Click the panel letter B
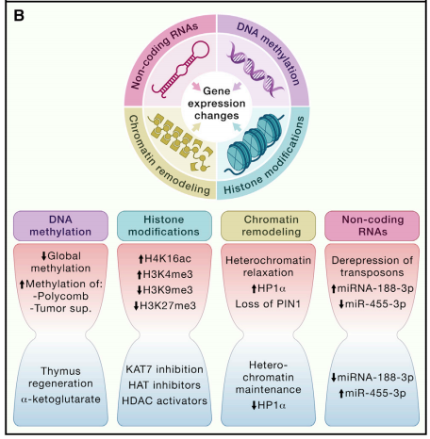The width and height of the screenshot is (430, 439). click(19, 15)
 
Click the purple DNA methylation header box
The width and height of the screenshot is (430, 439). click(60, 226)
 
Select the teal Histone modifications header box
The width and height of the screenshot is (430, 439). click(164, 226)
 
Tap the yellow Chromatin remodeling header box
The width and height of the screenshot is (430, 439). click(268, 226)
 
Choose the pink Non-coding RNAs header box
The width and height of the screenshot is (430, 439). click(372, 226)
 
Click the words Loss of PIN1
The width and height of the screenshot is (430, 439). click(268, 304)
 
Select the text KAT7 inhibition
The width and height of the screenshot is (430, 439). click(164, 369)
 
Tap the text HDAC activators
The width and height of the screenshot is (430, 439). click(164, 400)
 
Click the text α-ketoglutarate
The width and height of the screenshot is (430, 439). click(60, 399)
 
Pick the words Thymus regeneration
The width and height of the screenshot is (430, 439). click(60, 377)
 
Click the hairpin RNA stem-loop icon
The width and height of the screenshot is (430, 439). click(180, 68)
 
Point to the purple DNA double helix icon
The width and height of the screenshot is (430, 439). click(256, 70)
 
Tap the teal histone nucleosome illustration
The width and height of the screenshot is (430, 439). click(253, 144)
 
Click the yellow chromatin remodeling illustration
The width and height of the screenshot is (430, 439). click(180, 143)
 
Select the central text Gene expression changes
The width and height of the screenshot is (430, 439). click(217, 103)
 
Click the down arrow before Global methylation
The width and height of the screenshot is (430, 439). click(43, 255)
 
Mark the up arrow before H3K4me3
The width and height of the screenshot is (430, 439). click(140, 275)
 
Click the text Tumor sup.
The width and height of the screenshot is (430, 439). click(60, 308)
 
